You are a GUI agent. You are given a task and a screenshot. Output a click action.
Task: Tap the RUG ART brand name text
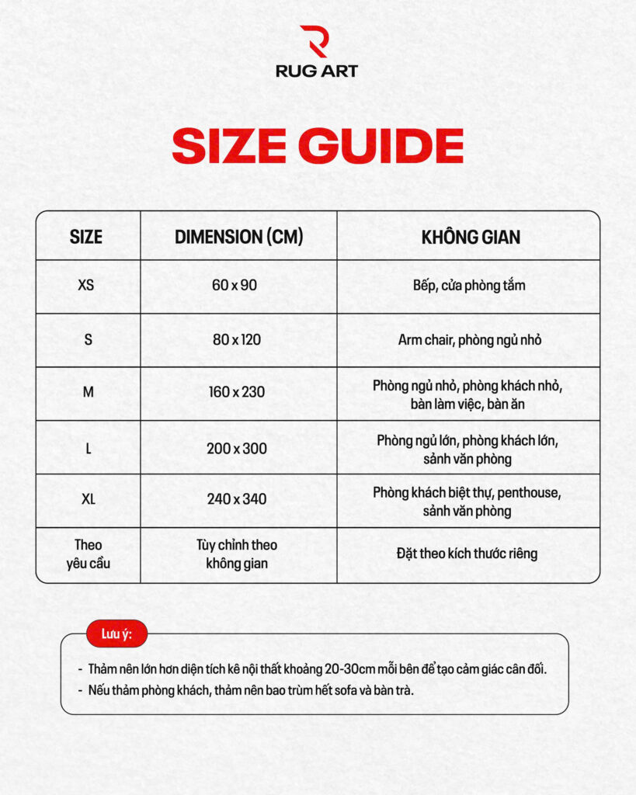pyautogui.click(x=317, y=71)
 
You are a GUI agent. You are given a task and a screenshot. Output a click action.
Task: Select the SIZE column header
pyautogui.click(x=86, y=237)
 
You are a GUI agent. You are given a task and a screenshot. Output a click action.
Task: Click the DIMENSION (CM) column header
pyautogui.click(x=238, y=237)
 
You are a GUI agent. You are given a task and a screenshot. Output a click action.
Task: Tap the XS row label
pyautogui.click(x=86, y=285)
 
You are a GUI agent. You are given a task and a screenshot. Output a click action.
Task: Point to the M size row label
pyautogui.click(x=88, y=392)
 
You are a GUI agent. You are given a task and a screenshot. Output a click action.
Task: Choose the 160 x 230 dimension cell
pyautogui.click(x=236, y=392)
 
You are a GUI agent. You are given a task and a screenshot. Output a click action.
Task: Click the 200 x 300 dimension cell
pyautogui.click(x=237, y=448)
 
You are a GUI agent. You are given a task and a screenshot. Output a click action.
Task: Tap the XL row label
pyautogui.click(x=88, y=499)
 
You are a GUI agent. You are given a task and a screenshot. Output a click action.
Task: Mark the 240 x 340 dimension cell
pyautogui.click(x=237, y=499)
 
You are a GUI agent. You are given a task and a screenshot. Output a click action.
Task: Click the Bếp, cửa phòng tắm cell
pyautogui.click(x=469, y=285)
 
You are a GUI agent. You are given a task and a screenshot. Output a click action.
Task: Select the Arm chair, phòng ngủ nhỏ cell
pyautogui.click(x=469, y=340)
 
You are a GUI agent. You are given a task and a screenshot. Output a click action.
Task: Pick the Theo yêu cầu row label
pyautogui.click(x=88, y=554)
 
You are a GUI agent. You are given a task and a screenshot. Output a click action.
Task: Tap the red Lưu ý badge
pyautogui.click(x=116, y=634)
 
